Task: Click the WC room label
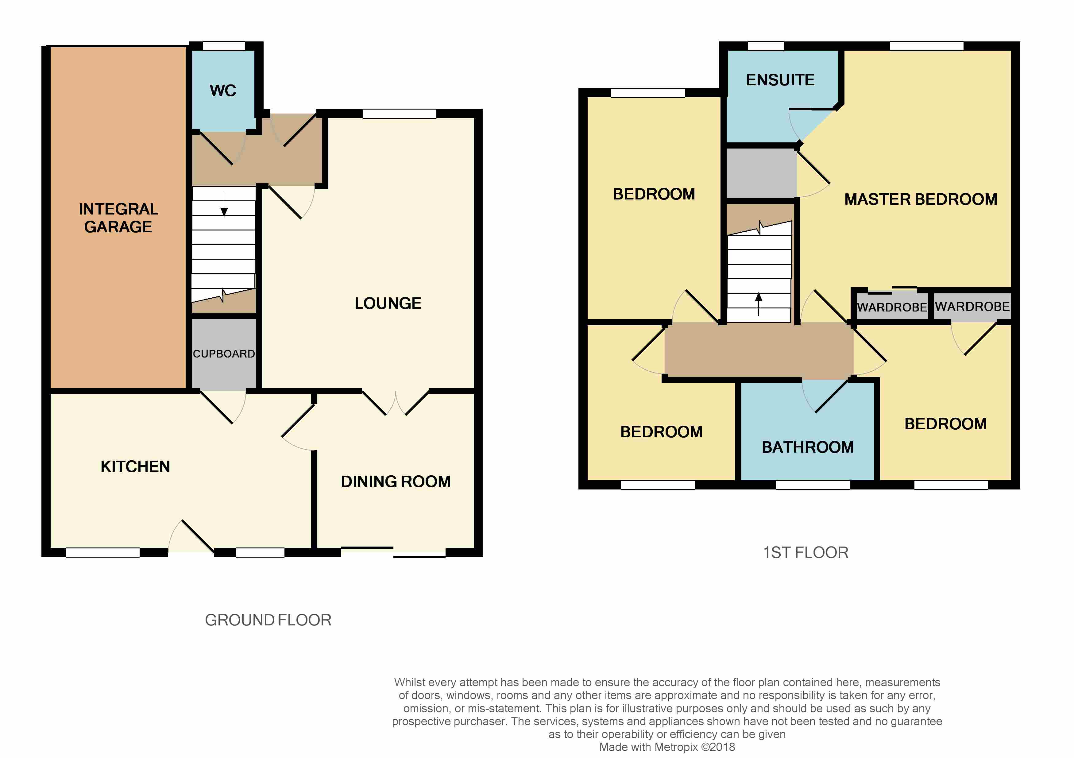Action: click(x=223, y=90)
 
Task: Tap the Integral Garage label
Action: click(x=118, y=218)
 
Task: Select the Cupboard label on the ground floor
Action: click(x=224, y=354)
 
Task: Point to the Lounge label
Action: click(x=388, y=303)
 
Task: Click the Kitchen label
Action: click(x=135, y=466)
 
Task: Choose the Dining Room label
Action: click(x=396, y=481)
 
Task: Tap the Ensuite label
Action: click(x=780, y=80)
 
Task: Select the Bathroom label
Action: click(x=808, y=447)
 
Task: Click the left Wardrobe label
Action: click(x=892, y=307)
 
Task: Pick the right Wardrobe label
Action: click(x=972, y=307)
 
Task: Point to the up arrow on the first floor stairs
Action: click(x=759, y=304)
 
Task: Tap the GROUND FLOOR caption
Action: click(x=268, y=620)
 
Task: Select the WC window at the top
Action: click(x=224, y=46)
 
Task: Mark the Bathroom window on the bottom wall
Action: click(x=813, y=485)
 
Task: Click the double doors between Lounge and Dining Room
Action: click(x=396, y=402)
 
